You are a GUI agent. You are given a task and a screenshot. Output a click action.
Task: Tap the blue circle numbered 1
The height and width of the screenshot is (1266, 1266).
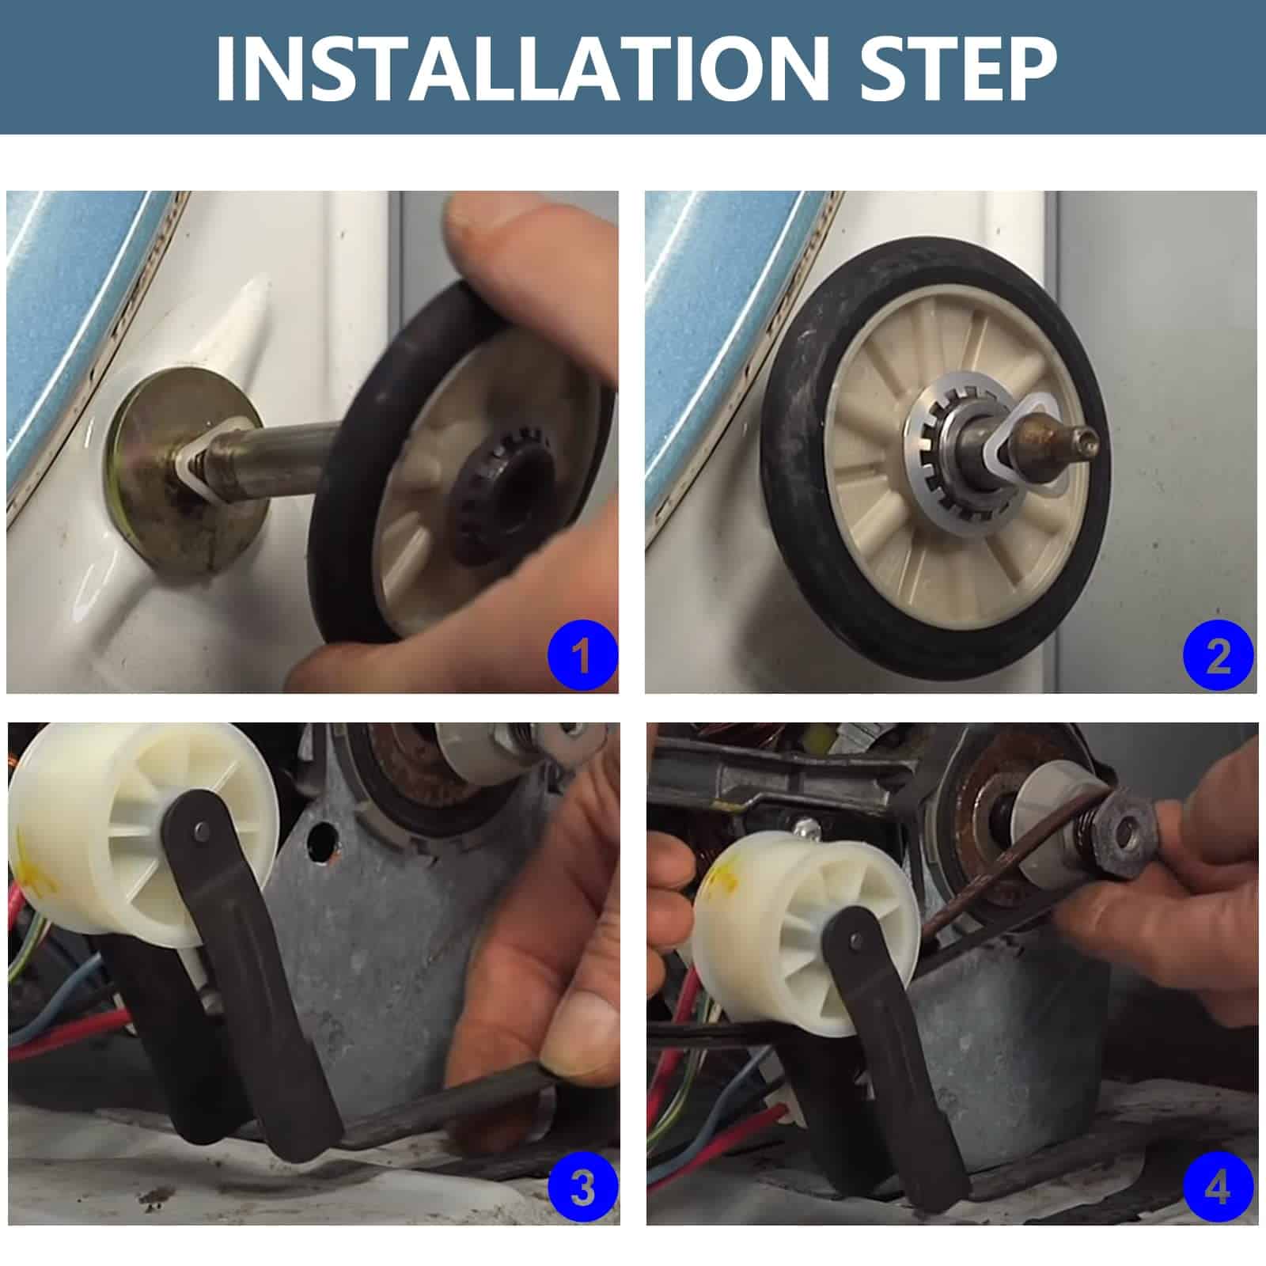pyautogui.click(x=582, y=656)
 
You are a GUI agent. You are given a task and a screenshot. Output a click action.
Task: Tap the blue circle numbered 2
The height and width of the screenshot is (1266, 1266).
pyautogui.click(x=1219, y=656)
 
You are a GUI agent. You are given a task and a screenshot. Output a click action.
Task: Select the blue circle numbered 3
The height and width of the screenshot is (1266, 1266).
pyautogui.click(x=582, y=1188)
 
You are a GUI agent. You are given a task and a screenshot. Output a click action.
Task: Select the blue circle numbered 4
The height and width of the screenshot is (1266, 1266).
pyautogui.click(x=1219, y=1188)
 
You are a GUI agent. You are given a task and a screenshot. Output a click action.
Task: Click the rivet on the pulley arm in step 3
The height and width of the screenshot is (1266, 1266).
pyautogui.click(x=200, y=830)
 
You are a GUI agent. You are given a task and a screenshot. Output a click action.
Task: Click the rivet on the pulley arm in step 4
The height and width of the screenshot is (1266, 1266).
pyautogui.click(x=857, y=942)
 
